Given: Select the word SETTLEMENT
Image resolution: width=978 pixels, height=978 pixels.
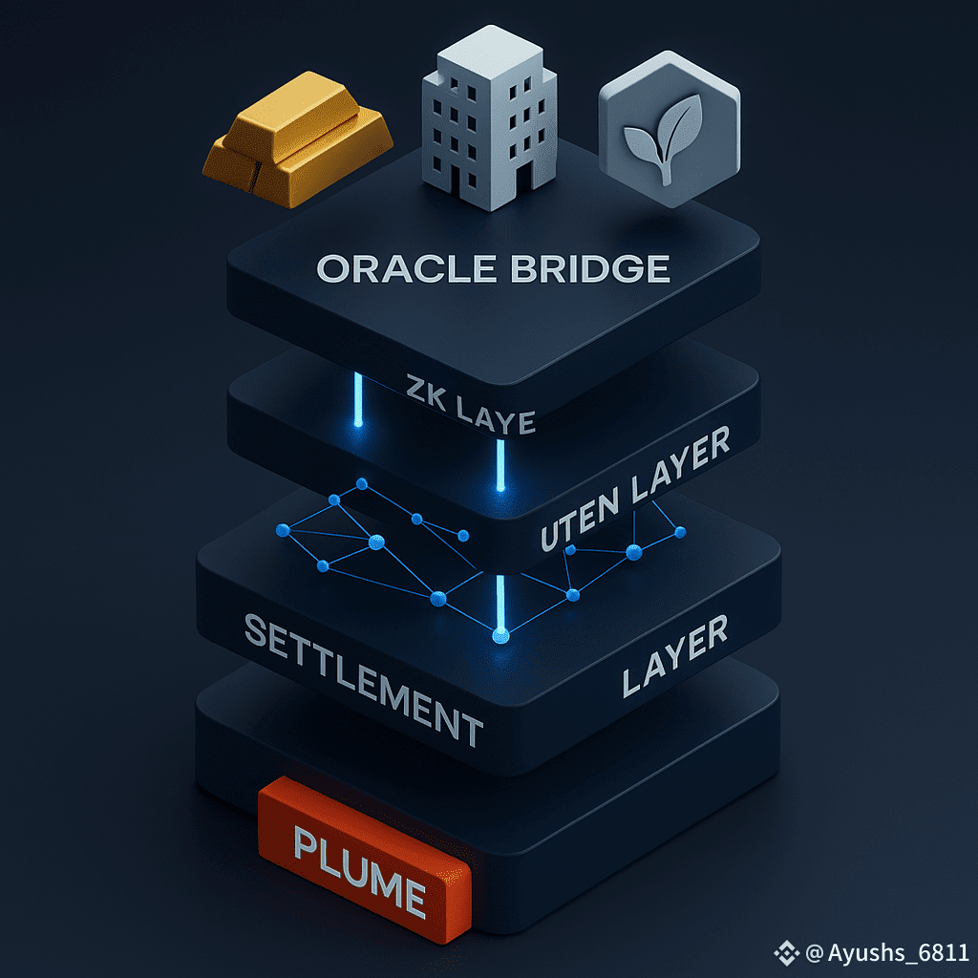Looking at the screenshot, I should click(x=363, y=679).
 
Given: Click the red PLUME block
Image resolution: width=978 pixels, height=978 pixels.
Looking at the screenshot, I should click(x=363, y=851).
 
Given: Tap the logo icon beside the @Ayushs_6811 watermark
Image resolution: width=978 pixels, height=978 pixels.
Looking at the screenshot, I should click(x=786, y=952).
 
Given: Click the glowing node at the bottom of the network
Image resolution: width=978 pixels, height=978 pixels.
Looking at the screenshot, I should click(x=498, y=635).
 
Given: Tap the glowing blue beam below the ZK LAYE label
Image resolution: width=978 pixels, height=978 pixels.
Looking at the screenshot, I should click(x=499, y=466).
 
